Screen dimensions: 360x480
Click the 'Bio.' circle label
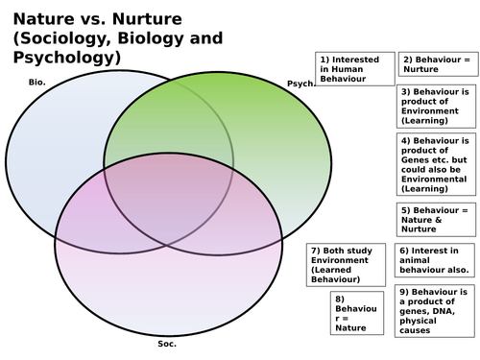39,84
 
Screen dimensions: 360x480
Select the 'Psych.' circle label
300,84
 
